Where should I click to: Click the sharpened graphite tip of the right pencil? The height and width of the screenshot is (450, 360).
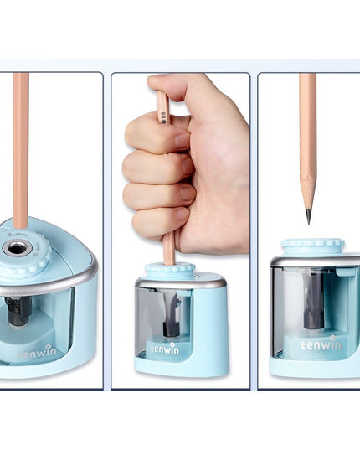pyautogui.click(x=308, y=216)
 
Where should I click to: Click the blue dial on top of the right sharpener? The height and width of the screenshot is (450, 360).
pyautogui.click(x=311, y=246)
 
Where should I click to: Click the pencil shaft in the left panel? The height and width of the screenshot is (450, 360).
pyautogui.click(x=21, y=151)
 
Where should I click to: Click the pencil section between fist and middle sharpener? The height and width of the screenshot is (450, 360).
pyautogui.click(x=169, y=248)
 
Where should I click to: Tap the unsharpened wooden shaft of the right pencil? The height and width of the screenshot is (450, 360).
pyautogui.click(x=308, y=126)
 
